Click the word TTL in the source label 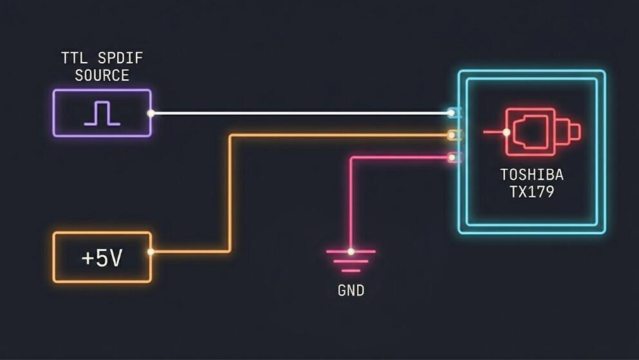[x=74, y=59]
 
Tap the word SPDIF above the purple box [x=120, y=59]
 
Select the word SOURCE [x=102, y=75]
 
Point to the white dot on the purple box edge [x=151, y=113]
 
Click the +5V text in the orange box [x=102, y=258]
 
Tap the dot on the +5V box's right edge [x=151, y=252]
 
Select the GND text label [x=351, y=290]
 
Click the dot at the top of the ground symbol [x=351, y=252]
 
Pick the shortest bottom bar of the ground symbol [x=351, y=270]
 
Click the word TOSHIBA [x=532, y=175]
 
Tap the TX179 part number [x=532, y=192]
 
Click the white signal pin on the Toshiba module [x=452, y=113]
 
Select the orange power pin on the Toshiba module [x=452, y=135]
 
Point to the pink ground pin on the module [x=452, y=157]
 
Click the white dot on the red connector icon [x=506, y=132]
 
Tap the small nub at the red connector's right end [x=574, y=131]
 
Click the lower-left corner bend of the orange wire [x=230, y=251]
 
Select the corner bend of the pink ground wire [x=351, y=158]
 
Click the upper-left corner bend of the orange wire [x=230, y=135]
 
